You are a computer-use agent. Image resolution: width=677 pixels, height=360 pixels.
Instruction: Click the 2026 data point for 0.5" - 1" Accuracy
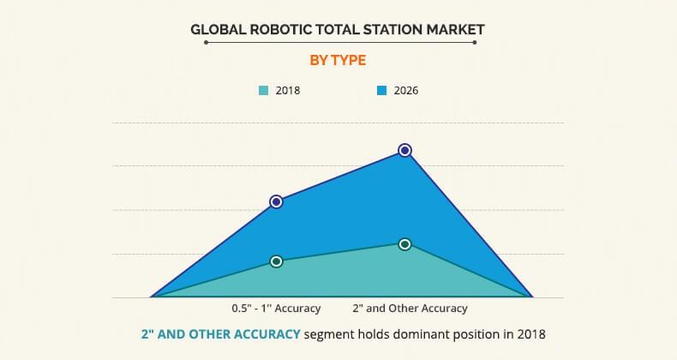click(276, 201)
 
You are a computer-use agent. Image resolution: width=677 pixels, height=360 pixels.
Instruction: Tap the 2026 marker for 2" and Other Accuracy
click(405, 150)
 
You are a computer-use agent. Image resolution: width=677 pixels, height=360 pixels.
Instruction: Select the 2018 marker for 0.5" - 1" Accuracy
click(276, 261)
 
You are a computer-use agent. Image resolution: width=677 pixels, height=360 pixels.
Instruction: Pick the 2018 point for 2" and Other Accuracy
click(405, 244)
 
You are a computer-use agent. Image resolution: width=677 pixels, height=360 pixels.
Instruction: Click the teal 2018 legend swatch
click(263, 89)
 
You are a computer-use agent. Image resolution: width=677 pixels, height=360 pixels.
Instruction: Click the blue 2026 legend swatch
click(380, 89)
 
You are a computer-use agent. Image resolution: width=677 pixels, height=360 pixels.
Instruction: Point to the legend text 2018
click(288, 89)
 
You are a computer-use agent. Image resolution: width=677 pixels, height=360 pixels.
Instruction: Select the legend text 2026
click(405, 89)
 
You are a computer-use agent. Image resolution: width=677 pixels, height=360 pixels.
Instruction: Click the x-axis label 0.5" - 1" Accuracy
click(276, 309)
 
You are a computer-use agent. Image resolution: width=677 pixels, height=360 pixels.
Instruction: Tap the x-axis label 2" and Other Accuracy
click(410, 309)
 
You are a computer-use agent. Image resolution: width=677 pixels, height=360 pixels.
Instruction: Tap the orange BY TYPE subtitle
click(338, 60)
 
